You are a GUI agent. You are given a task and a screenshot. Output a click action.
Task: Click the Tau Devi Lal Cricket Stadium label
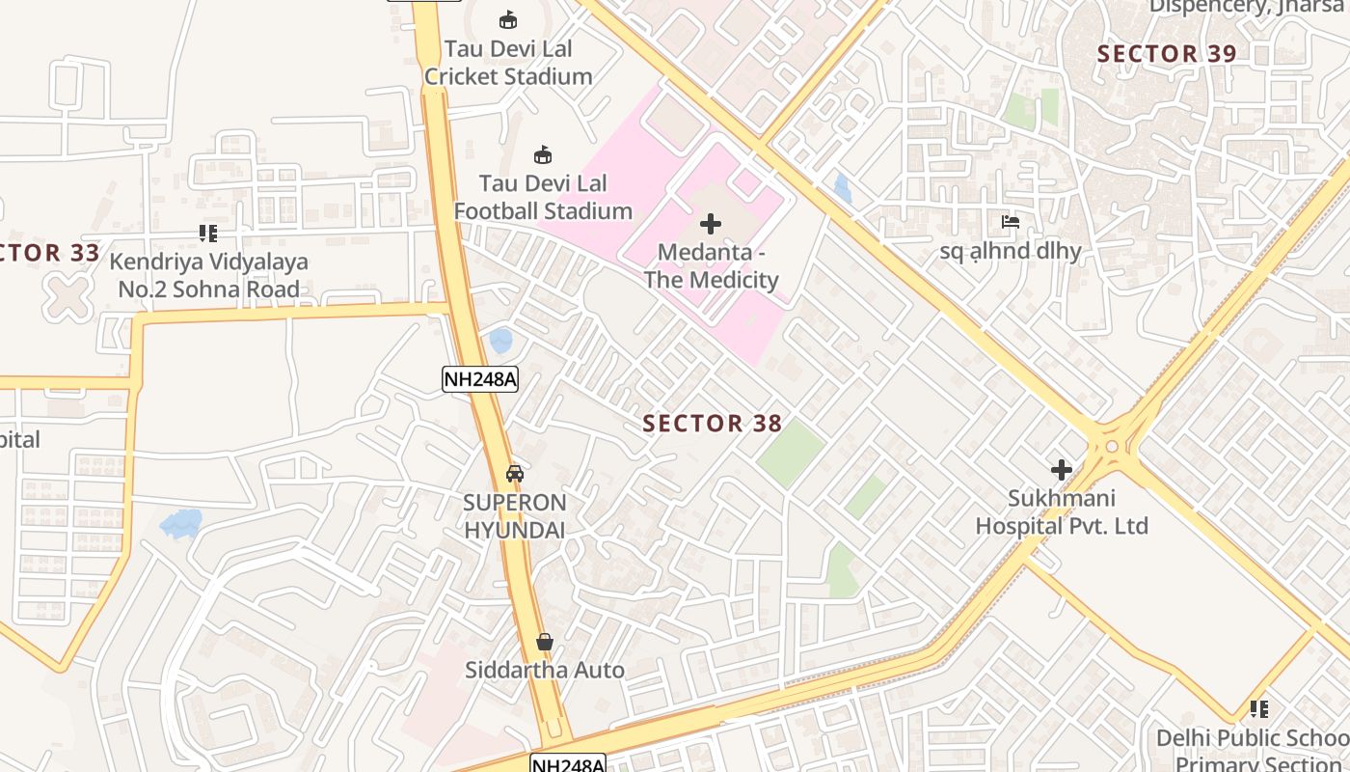[508, 63]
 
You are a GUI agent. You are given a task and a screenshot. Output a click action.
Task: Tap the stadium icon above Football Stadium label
[543, 154]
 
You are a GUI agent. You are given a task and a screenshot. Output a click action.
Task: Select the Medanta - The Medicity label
[711, 266]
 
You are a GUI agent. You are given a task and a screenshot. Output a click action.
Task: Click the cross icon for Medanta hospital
[711, 225]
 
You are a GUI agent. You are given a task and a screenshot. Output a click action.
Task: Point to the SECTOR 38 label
[712, 424]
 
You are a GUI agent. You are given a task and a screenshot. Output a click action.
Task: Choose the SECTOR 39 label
[1167, 54]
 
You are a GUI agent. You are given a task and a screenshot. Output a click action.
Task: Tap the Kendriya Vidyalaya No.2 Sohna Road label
[208, 275]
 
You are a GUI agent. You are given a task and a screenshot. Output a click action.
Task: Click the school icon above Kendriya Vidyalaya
[208, 234]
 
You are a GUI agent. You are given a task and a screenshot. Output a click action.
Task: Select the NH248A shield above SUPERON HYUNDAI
[480, 379]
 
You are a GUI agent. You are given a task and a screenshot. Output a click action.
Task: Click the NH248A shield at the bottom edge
[568, 764]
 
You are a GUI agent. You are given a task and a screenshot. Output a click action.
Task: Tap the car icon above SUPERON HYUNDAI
[515, 473]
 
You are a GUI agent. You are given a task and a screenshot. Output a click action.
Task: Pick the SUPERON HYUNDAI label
[515, 516]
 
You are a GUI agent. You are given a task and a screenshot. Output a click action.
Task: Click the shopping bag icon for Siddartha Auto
[545, 642]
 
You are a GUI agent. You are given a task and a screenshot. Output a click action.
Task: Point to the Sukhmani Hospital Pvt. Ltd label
[1062, 512]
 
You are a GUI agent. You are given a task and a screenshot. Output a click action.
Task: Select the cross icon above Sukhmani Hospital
[1062, 470]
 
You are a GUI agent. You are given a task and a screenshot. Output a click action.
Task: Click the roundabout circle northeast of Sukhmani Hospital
[1112, 446]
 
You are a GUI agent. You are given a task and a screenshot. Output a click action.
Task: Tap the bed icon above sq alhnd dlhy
[1011, 222]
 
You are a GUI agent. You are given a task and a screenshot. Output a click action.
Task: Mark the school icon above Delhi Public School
[1259, 709]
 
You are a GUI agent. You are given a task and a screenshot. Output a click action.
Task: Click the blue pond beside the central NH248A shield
[500, 341]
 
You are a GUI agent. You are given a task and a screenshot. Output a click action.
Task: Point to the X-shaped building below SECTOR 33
[67, 297]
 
